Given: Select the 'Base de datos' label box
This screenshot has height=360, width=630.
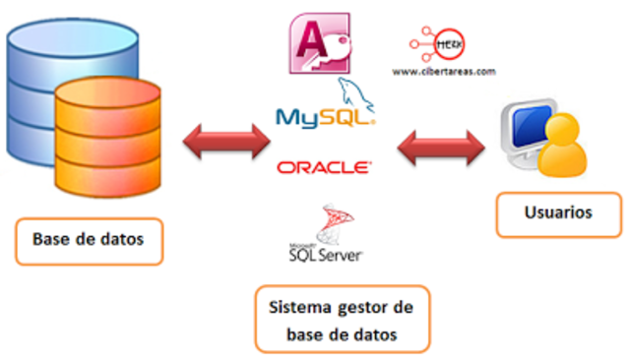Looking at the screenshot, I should click(x=89, y=239).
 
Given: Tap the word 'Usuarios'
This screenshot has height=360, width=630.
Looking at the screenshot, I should click(x=557, y=212).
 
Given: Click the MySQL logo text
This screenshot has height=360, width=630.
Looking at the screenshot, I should click(x=325, y=118).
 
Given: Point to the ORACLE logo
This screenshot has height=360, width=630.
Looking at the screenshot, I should click(x=324, y=167).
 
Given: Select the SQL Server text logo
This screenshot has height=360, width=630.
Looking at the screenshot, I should click(x=321, y=253).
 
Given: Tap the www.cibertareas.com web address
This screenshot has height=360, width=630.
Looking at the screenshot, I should click(x=444, y=72).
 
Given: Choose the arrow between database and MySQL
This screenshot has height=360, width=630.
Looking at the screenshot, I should click(x=226, y=142).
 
